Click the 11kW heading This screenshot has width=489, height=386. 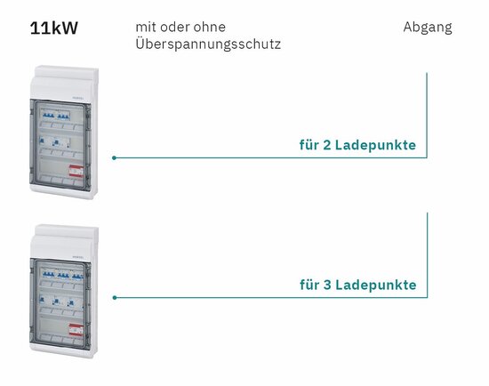click(x=54, y=28)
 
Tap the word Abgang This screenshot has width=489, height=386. click(x=428, y=28)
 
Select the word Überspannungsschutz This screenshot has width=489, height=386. click(x=208, y=44)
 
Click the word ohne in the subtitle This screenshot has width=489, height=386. click(x=209, y=27)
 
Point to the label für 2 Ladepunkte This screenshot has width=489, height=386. click(x=357, y=145)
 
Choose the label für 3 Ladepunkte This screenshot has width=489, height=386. click(x=358, y=285)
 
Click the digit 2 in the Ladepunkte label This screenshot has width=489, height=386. click(x=327, y=145)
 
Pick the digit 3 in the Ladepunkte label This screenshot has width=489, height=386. click(x=327, y=285)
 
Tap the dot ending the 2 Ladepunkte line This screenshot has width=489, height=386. click(x=114, y=158)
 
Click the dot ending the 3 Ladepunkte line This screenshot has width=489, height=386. click(x=115, y=298)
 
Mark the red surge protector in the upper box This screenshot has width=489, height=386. click(x=76, y=172)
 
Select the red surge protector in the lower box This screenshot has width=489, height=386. click(x=76, y=330)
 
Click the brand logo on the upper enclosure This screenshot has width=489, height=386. click(x=77, y=98)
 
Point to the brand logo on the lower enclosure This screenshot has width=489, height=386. click(x=77, y=256)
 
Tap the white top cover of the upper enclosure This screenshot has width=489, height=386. click(x=64, y=83)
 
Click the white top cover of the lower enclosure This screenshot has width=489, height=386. click(x=64, y=242)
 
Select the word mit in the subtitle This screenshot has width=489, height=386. click(x=145, y=28)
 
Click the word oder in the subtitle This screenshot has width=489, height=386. click(x=174, y=27)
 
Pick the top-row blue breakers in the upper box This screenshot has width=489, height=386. click(x=56, y=116)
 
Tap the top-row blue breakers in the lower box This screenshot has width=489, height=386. click(x=63, y=275)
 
